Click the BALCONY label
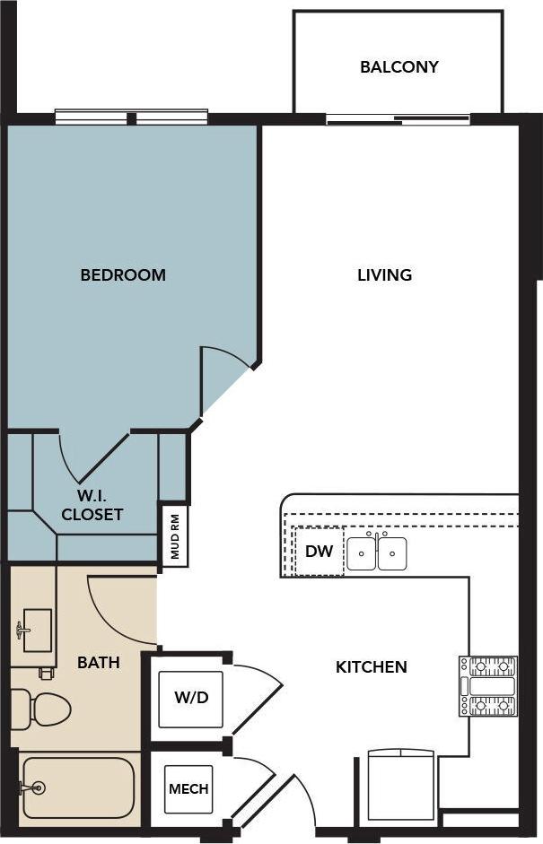point(398,67)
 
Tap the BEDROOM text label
point(123,275)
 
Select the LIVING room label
point(384,275)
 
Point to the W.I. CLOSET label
point(92,505)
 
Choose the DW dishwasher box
point(319,552)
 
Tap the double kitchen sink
point(377,553)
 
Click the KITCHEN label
point(371,667)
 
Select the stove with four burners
point(488,686)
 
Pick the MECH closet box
point(188,789)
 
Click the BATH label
point(99,663)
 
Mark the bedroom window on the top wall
point(131,117)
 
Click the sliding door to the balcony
point(398,118)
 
